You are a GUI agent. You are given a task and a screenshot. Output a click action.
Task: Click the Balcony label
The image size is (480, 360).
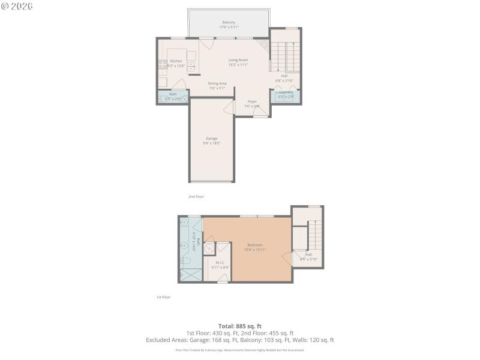[228, 22]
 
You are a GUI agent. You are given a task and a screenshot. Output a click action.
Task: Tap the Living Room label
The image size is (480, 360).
[238, 60]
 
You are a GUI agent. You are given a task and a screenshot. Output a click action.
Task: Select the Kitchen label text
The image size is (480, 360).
[176, 61]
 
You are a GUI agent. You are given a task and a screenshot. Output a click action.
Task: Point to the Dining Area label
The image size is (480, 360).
[217, 83]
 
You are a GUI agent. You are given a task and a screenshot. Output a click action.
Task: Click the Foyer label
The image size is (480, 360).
[252, 101]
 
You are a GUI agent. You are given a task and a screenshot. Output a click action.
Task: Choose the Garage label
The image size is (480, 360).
[212, 139]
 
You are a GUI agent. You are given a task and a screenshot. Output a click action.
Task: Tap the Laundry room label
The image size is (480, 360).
[286, 92]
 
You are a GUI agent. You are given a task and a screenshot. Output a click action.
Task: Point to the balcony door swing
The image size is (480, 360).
[205, 43]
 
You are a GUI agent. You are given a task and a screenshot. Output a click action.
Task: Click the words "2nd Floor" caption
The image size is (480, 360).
[196, 196]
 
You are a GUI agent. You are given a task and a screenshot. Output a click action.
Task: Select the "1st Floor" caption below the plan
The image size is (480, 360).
[163, 297]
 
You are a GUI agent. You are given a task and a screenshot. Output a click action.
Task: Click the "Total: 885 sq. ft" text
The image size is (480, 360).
[240, 326]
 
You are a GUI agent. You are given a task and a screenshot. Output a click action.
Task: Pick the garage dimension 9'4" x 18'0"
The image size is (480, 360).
[212, 143]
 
